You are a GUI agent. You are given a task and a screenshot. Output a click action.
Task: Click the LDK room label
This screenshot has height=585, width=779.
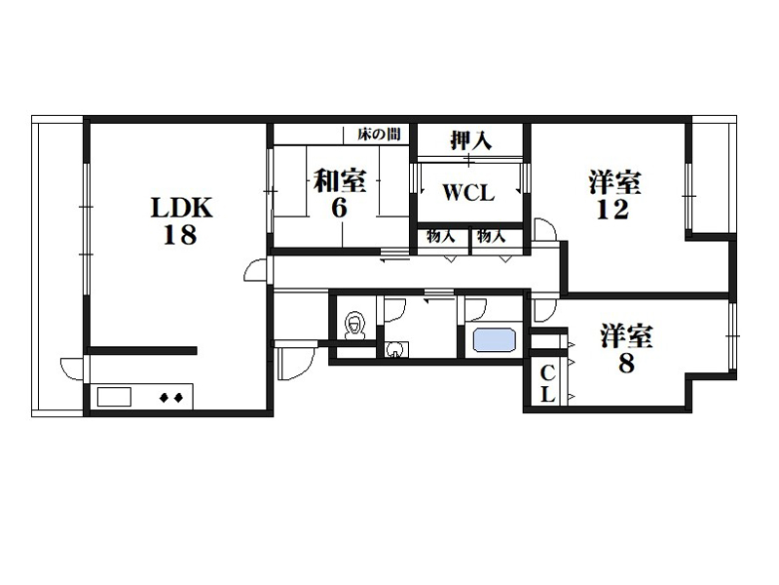point(182,208)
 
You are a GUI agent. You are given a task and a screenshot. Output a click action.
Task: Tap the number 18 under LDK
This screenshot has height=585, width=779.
point(180,235)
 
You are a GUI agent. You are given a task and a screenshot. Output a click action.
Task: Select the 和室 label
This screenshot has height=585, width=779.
point(340,181)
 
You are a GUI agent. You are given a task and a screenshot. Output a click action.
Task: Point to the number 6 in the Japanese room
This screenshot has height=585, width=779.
point(339,208)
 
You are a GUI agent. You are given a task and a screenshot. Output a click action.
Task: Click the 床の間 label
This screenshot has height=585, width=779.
point(379,134)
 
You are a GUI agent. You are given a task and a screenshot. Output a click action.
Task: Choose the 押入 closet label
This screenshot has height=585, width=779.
point(470,140)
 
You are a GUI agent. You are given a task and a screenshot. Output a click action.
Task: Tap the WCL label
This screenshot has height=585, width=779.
point(468,193)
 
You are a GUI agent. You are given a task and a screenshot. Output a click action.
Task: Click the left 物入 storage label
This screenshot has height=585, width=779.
point(441,237)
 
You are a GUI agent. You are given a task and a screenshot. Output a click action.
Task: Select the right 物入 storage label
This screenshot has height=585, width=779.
point(492,237)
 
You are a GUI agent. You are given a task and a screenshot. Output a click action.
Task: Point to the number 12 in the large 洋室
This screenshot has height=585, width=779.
point(612,210)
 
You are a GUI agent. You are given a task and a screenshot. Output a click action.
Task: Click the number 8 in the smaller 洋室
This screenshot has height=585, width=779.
point(626,363)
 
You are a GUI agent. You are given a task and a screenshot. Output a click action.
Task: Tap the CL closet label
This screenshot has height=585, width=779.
point(547,383)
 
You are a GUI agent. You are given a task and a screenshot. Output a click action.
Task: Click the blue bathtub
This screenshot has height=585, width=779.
point(494,339)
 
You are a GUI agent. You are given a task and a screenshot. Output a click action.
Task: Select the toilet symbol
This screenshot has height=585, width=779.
point(353,326)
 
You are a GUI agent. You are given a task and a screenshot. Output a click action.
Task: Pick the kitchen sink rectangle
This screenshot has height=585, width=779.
point(114,397)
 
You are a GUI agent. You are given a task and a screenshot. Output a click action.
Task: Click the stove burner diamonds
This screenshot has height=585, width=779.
point(171,398)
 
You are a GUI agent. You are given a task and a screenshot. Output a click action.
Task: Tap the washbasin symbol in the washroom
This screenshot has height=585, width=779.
point(396,349)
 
